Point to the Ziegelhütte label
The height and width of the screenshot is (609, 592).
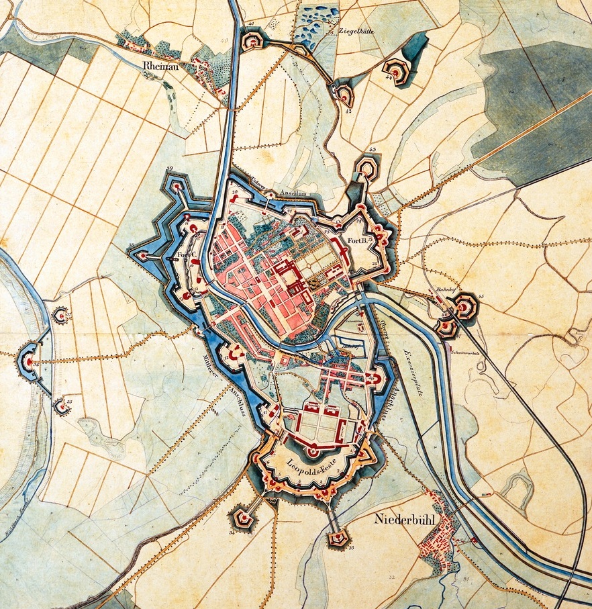(356, 31)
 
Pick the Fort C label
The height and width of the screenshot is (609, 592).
(185, 256)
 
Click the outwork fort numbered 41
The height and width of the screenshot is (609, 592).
(252, 42)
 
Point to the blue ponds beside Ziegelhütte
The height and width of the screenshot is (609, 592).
(314, 27)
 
